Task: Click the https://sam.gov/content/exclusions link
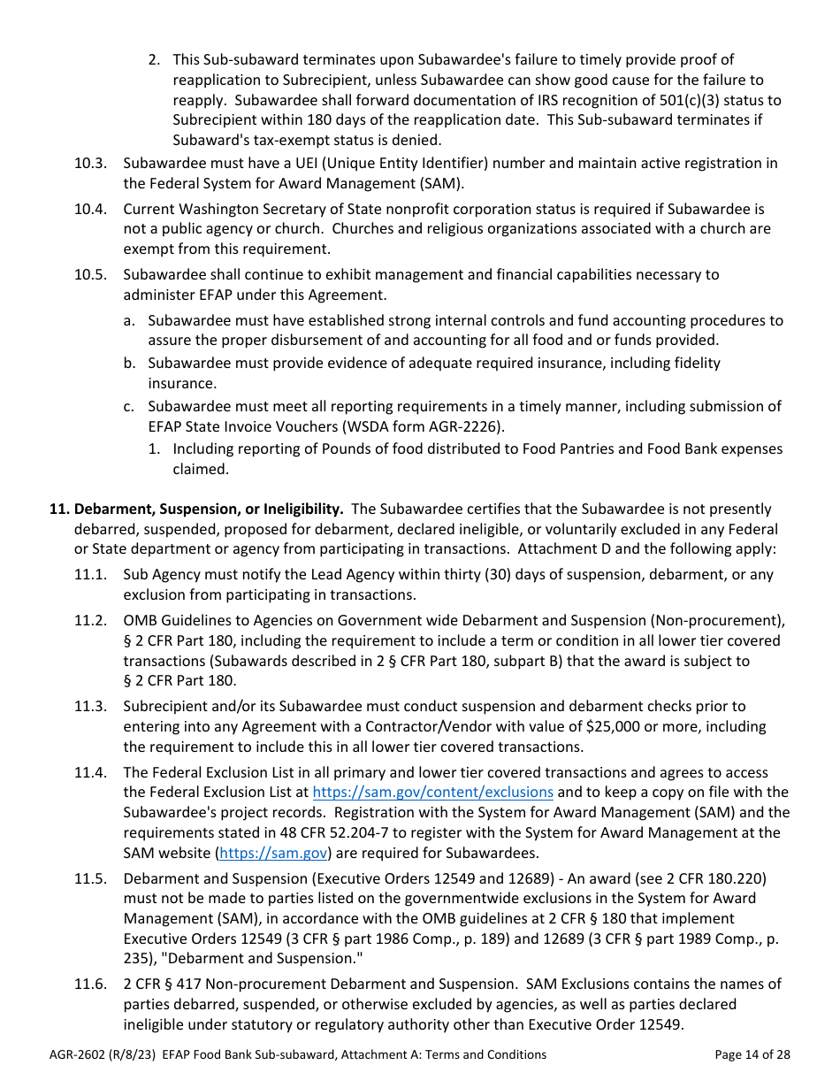[432, 793]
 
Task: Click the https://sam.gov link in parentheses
[273, 853]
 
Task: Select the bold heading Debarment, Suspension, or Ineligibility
[208, 510]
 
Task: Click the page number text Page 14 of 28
[752, 1054]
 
